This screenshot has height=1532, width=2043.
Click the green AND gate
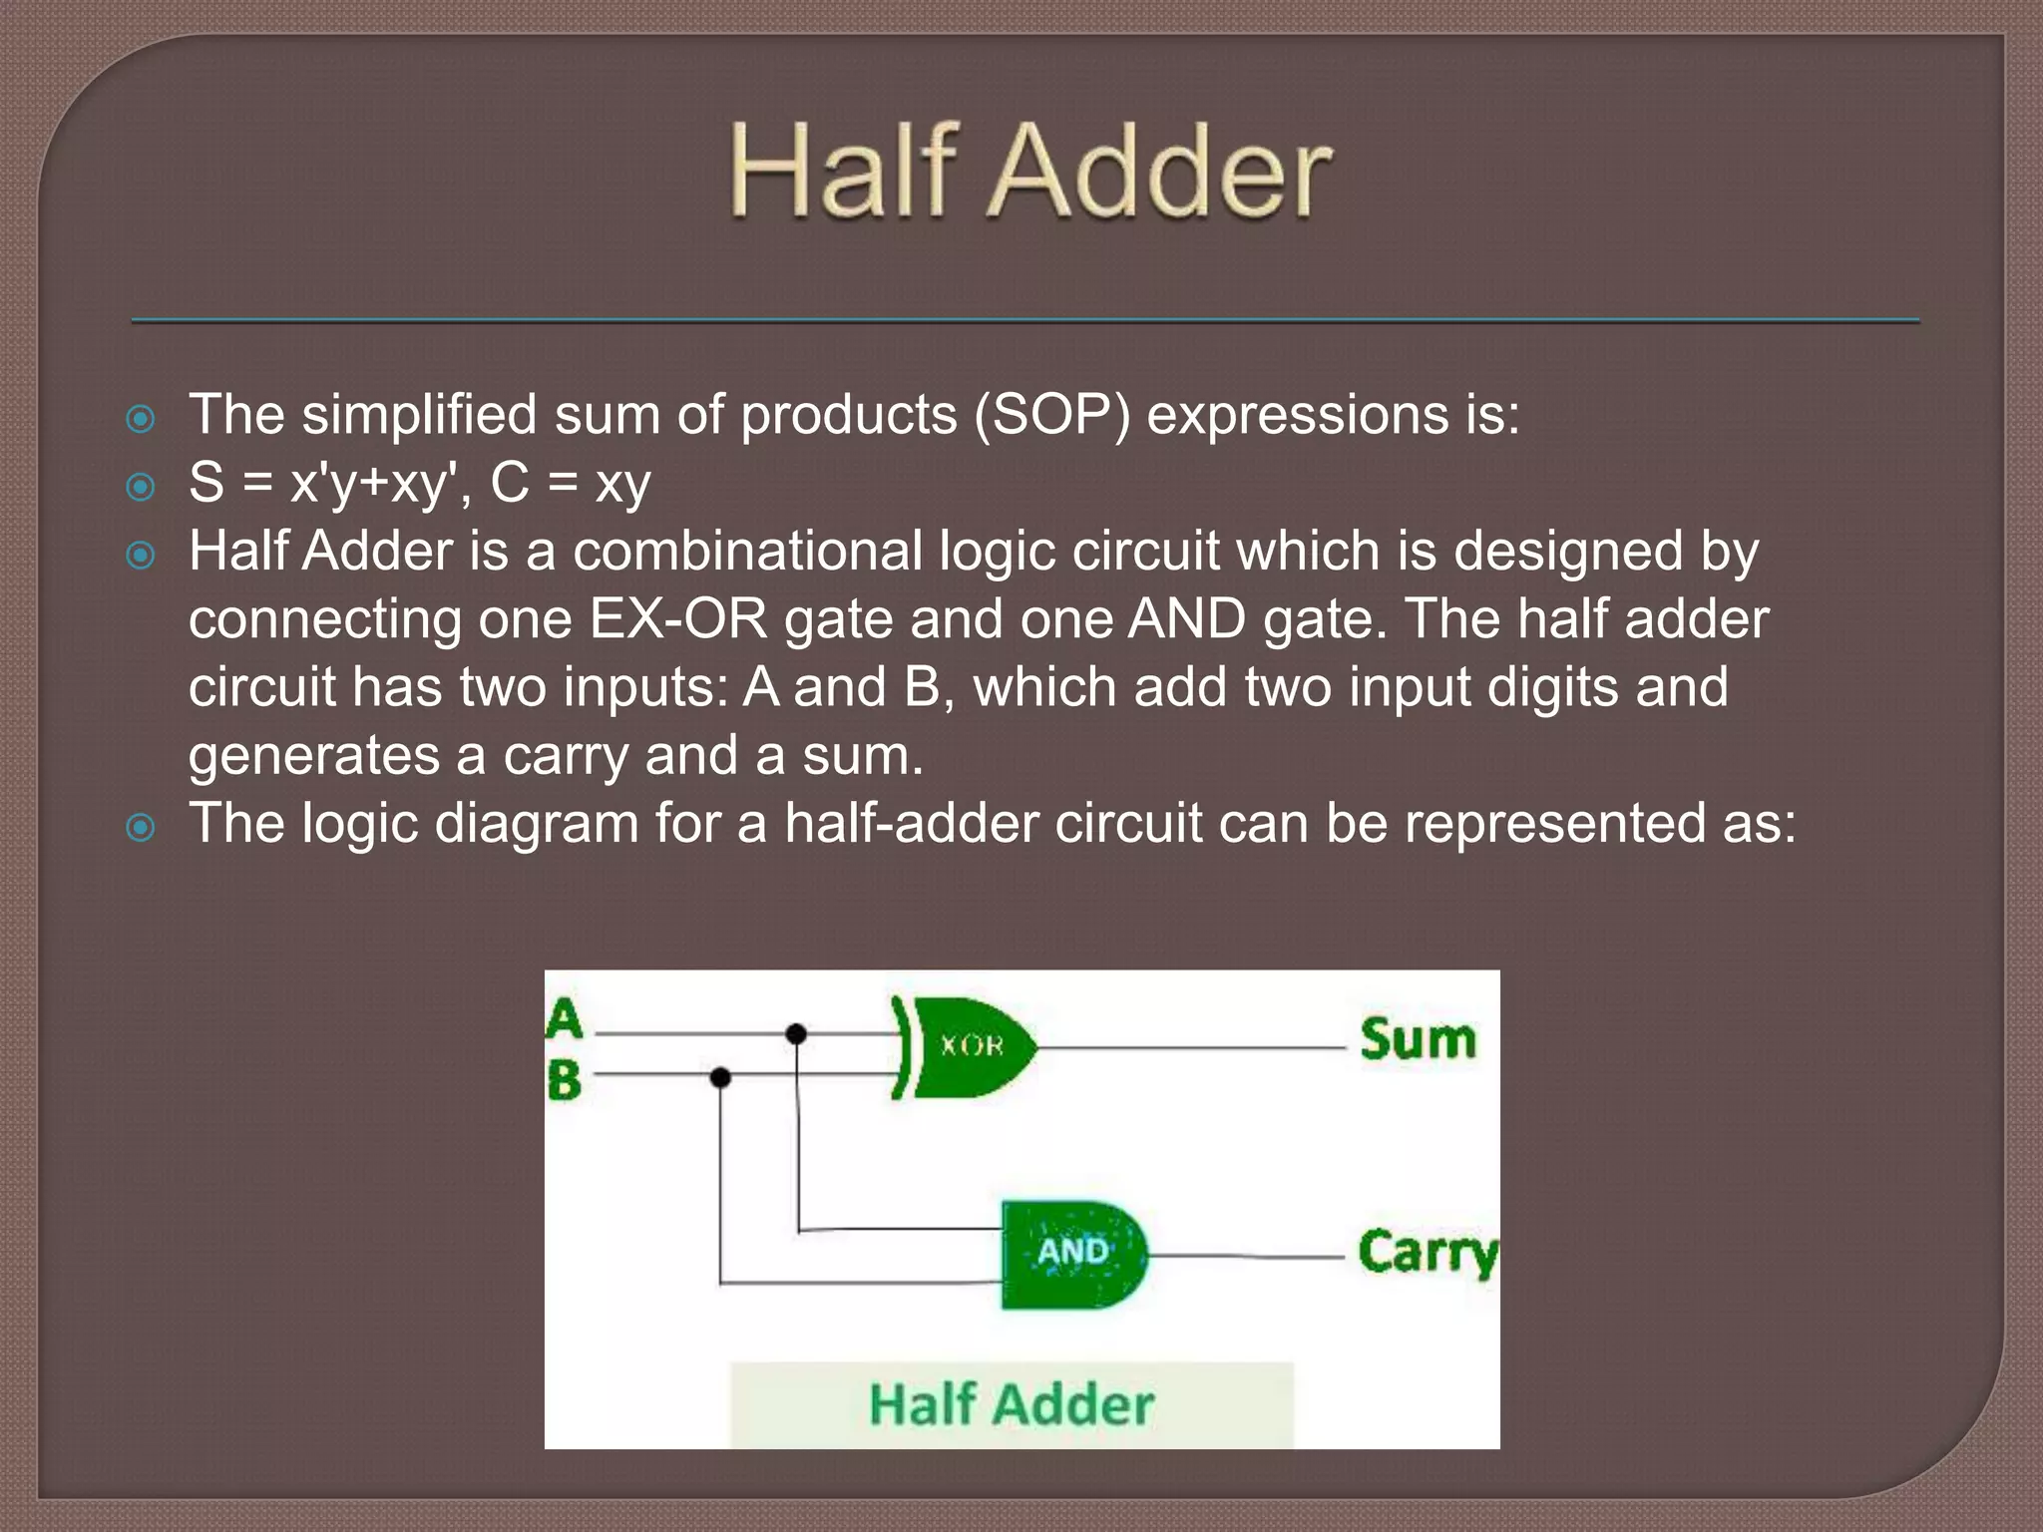[1073, 1254]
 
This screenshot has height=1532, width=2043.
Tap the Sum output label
[1418, 1039]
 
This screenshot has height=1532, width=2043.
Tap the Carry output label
[1428, 1253]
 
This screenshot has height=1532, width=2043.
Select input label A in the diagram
[565, 1019]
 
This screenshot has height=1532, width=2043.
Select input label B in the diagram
[565, 1080]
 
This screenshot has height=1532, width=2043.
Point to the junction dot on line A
[796, 1033]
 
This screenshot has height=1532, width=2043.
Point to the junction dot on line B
[720, 1077]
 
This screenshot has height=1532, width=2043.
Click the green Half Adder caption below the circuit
[1012, 1404]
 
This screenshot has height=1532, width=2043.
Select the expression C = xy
[571, 484]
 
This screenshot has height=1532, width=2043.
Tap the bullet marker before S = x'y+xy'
[142, 487]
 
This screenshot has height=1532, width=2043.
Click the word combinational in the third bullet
[748, 552]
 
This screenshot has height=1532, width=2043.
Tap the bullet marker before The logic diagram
[142, 827]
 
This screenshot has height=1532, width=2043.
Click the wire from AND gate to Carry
[1247, 1257]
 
